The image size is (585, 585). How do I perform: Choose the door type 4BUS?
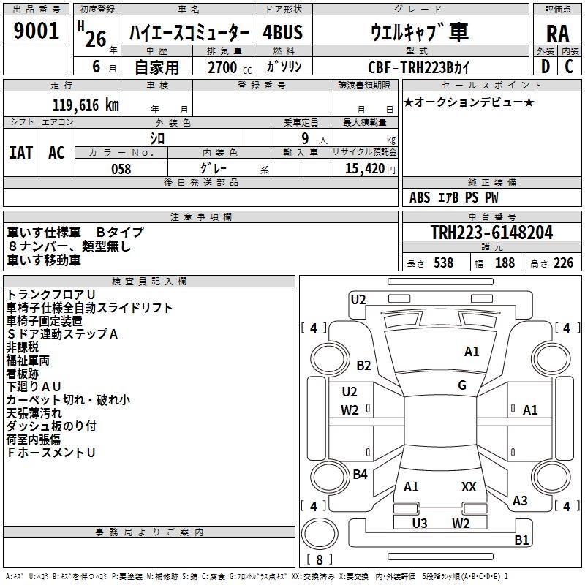pyautogui.click(x=282, y=32)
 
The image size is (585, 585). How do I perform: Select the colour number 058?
pyautogui.click(x=121, y=169)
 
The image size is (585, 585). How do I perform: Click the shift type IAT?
pyautogui.click(x=20, y=152)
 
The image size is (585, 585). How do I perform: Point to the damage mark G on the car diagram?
pyautogui.click(x=462, y=385)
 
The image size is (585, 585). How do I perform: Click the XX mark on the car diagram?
pyautogui.click(x=469, y=486)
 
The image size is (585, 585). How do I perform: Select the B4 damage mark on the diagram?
pyautogui.click(x=360, y=475)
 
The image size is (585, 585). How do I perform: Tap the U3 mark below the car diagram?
pyautogui.click(x=420, y=523)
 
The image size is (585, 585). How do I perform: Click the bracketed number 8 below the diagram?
pyautogui.click(x=320, y=559)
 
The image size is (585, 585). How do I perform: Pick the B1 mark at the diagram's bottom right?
pyautogui.click(x=521, y=540)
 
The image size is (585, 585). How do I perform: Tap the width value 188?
pyautogui.click(x=505, y=263)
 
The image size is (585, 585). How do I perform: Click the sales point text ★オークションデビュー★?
pyautogui.click(x=469, y=102)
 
